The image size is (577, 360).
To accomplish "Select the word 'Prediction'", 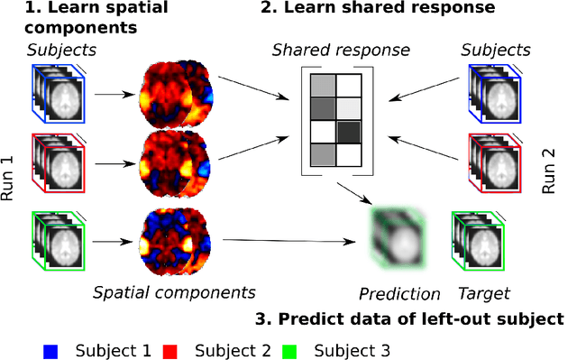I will pos(399,293).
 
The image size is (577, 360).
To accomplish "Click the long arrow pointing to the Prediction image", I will pos(288,241).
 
